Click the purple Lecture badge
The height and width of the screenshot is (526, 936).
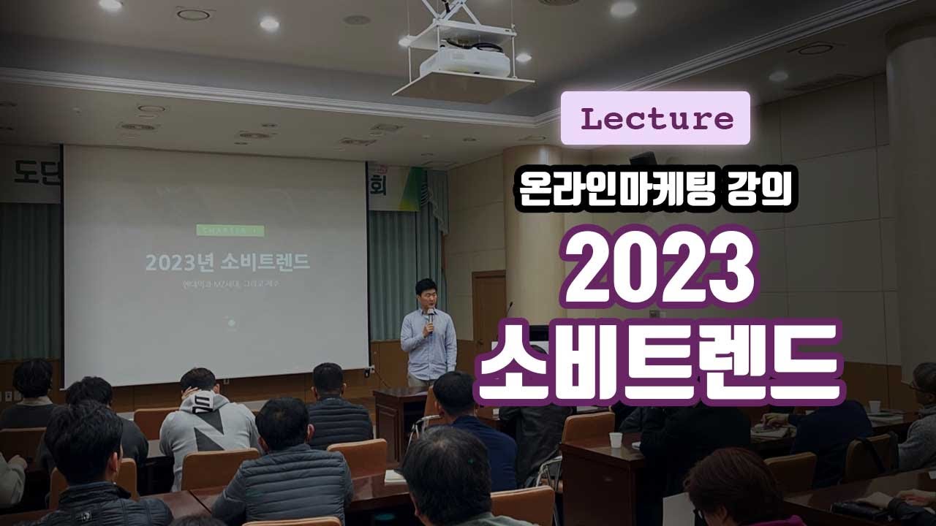(655, 118)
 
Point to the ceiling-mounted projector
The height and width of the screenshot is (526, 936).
(464, 62)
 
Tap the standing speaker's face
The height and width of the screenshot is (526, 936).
(426, 295)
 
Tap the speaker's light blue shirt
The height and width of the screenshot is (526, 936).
(428, 343)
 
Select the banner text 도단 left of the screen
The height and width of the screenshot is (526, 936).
(33, 173)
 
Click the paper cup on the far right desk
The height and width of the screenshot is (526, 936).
(875, 406)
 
